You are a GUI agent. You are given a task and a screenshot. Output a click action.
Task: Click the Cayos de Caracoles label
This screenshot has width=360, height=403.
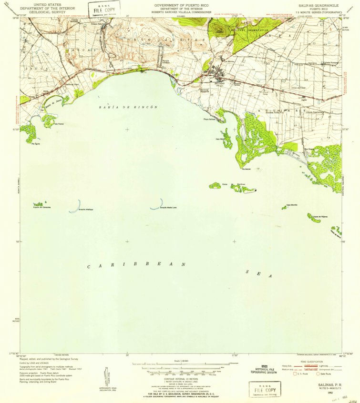pos(42,208)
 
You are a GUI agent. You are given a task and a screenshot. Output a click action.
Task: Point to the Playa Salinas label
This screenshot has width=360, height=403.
pos(210,120)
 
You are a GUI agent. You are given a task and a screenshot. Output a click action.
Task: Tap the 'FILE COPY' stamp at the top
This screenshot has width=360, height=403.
pos(103,9)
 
